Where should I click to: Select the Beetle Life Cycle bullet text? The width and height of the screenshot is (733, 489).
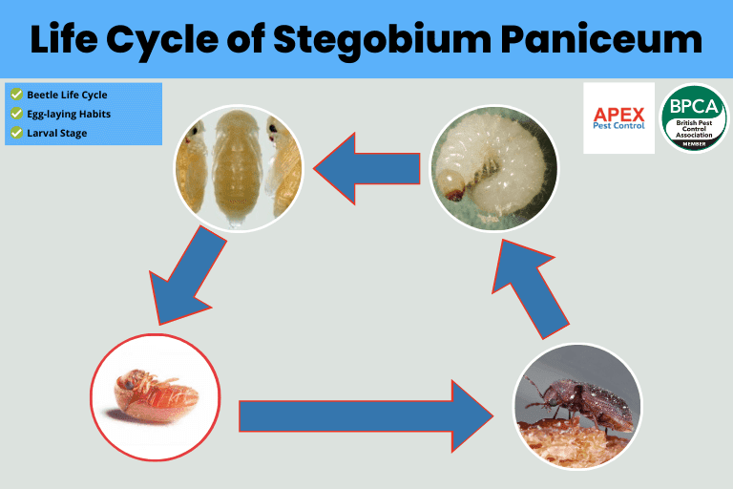pyautogui.click(x=67, y=95)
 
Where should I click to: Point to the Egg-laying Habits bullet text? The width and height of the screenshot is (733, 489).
pyautogui.click(x=69, y=114)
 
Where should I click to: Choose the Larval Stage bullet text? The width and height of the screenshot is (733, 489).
pyautogui.click(x=56, y=133)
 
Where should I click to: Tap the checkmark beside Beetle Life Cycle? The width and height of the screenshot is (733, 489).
pyautogui.click(x=16, y=95)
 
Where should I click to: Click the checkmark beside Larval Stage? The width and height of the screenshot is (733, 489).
pyautogui.click(x=16, y=133)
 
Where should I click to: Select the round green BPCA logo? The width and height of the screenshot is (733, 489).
pyautogui.click(x=694, y=118)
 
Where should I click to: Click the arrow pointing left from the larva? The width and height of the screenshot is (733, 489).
pyautogui.click(x=367, y=168)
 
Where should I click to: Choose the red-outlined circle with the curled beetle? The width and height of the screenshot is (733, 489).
pyautogui.click(x=155, y=397)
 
